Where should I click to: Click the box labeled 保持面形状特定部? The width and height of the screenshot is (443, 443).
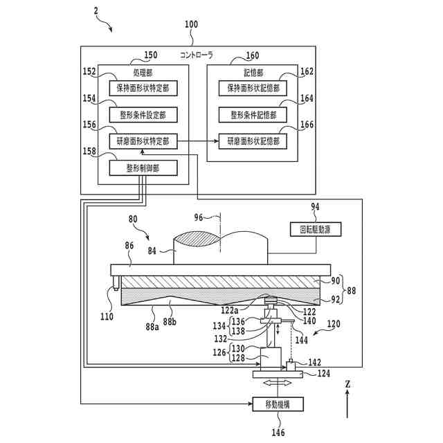click(x=143, y=88)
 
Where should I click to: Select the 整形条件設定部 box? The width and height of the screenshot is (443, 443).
click(x=143, y=115)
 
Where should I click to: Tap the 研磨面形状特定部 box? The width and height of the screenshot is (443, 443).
click(x=143, y=141)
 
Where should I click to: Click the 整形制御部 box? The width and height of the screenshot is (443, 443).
click(x=143, y=168)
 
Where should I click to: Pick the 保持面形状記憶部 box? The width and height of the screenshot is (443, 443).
click(x=253, y=88)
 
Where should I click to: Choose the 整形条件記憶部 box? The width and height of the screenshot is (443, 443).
click(x=253, y=115)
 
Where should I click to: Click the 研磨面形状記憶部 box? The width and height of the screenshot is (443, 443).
click(x=253, y=141)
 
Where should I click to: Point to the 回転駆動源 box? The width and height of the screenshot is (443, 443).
click(x=316, y=229)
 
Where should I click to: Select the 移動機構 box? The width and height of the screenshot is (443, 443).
click(x=278, y=404)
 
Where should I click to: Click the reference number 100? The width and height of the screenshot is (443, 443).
click(x=191, y=24)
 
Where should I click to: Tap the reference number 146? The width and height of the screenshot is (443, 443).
click(x=278, y=432)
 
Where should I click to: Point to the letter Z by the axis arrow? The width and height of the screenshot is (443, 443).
click(x=347, y=384)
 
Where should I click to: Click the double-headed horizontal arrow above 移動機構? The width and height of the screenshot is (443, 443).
click(x=278, y=383)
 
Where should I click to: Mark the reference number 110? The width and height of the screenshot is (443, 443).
click(x=107, y=317)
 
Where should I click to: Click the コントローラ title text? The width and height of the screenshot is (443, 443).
click(x=197, y=55)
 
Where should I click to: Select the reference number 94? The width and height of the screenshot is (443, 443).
click(x=316, y=207)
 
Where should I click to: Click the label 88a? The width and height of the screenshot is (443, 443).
click(x=152, y=327)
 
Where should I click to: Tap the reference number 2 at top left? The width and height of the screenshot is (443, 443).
click(x=96, y=11)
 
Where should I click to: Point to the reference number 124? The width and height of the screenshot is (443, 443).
click(x=323, y=374)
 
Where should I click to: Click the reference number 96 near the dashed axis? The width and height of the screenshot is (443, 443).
click(x=199, y=217)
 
